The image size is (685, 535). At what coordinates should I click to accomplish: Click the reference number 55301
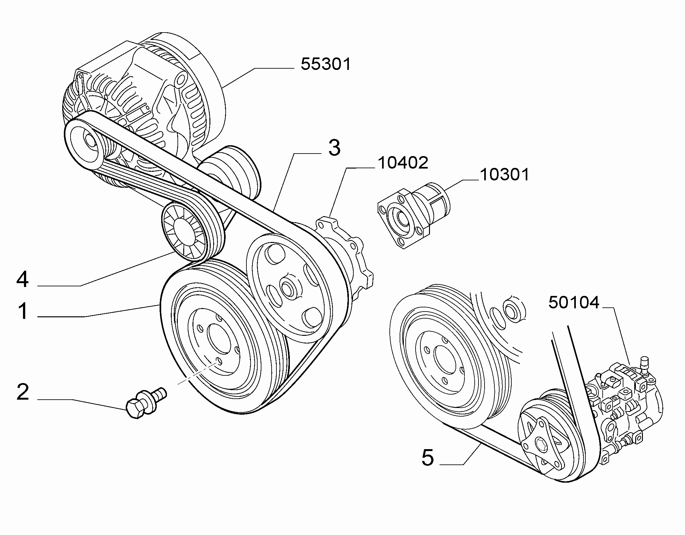[x=326, y=64]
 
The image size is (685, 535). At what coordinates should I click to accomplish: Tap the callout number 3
[x=334, y=148]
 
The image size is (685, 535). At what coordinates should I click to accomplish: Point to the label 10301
[x=505, y=175]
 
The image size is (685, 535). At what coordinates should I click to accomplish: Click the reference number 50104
[x=574, y=302]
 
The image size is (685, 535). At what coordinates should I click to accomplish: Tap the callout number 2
[x=23, y=392]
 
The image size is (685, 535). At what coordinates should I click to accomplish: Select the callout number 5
[x=428, y=457]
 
